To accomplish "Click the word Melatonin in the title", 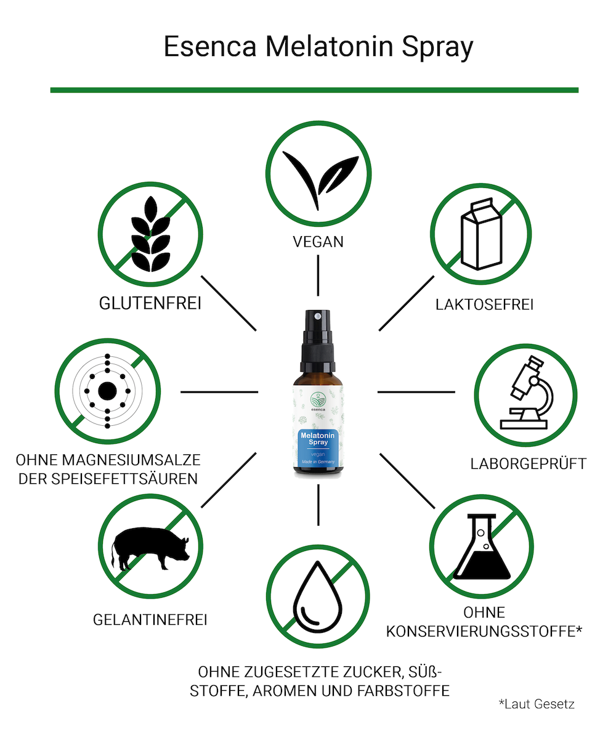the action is coord(330,47).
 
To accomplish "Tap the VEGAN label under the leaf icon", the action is coord(318,242).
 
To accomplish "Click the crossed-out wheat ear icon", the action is coord(150,234).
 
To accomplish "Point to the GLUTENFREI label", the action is coord(150,303).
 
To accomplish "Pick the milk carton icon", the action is coord(481,234).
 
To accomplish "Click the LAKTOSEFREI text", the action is coord(484,304).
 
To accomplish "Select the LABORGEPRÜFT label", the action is coord(528,463).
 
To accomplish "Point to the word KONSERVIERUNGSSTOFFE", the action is coord(482,631).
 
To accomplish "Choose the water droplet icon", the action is coord(318,597).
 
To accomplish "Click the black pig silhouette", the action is coord(150,548).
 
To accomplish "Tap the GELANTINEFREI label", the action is coord(150,620).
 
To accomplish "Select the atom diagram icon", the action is coord(108,391).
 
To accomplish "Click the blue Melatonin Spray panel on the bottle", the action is coord(318,448).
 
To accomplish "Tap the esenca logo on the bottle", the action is coord(318,401).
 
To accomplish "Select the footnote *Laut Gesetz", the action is coord(537,704).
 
